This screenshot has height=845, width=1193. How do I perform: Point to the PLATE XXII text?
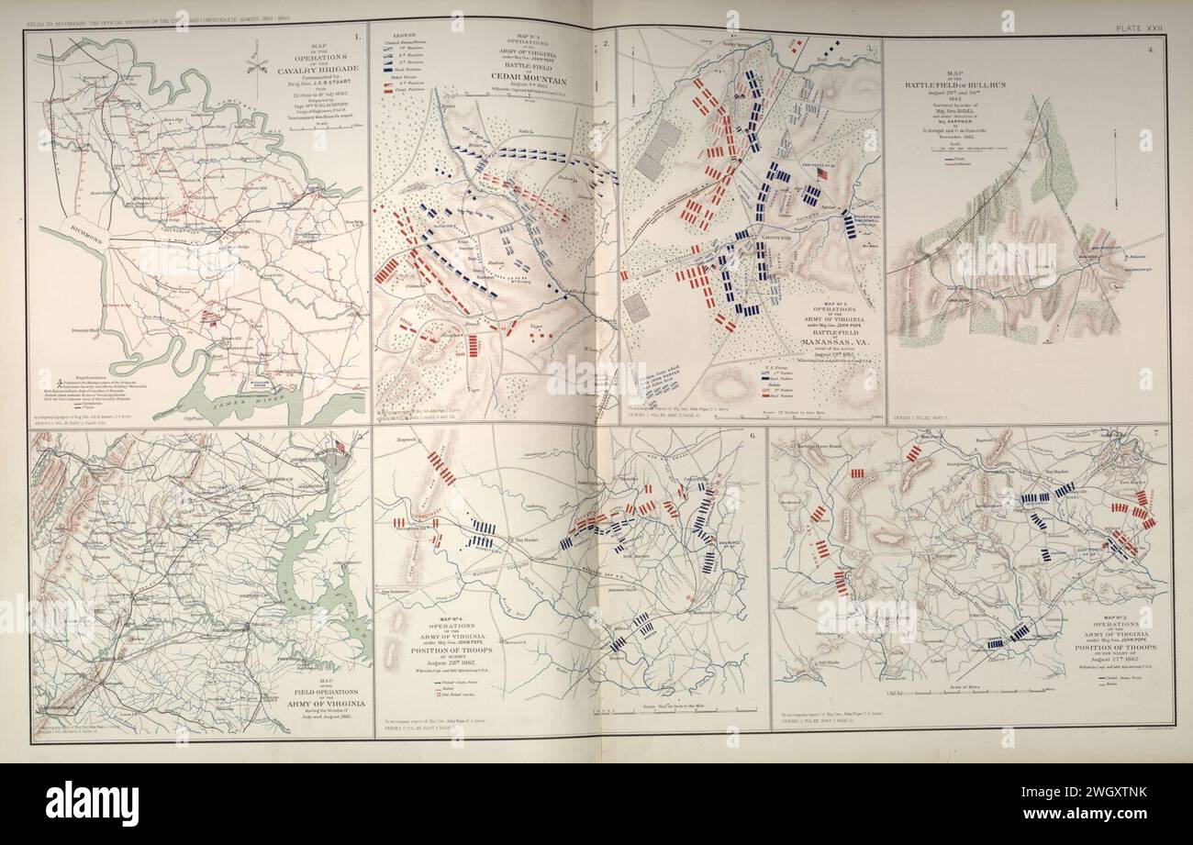tap(1140, 29)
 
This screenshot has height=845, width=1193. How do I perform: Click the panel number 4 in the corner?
tap(1150, 50)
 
